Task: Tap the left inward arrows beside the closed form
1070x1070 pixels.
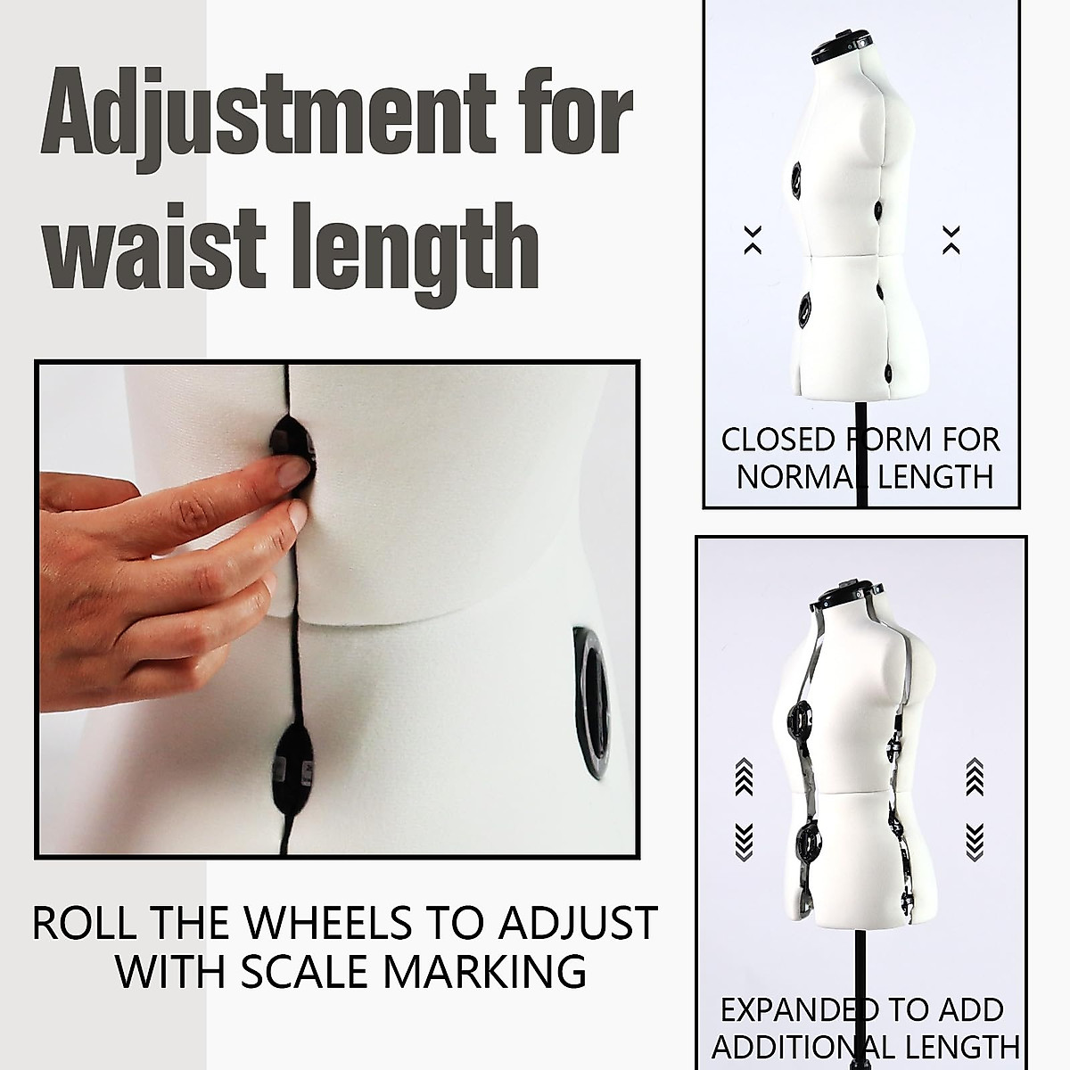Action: [753, 239]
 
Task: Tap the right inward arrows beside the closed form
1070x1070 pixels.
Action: [951, 239]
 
